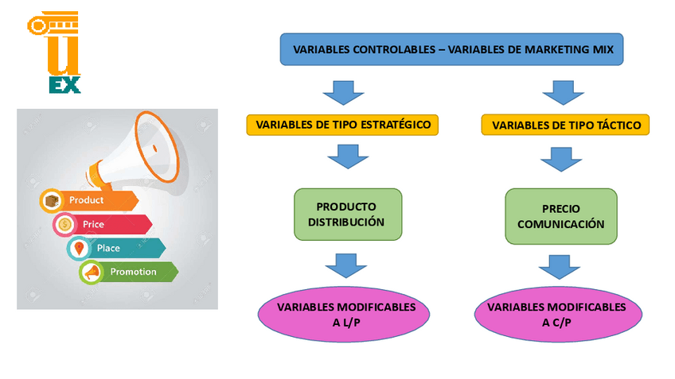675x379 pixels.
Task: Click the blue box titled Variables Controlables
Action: [x=451, y=50]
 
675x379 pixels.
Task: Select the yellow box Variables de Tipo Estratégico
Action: [x=342, y=125]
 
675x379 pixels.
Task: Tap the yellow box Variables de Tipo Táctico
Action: [x=565, y=125]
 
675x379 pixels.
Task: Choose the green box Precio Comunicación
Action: [x=560, y=215]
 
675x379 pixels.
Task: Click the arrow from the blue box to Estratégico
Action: [x=343, y=91]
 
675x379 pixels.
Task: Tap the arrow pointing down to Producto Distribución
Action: [x=343, y=157]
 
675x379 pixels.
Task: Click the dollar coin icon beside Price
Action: [x=65, y=225]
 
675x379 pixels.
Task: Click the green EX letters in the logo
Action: [x=64, y=84]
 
